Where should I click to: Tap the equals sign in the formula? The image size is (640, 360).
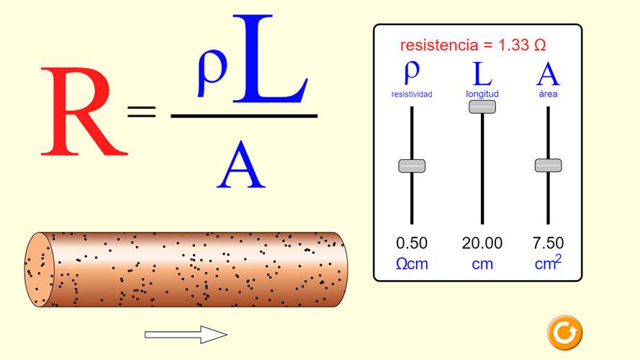coord(142,112)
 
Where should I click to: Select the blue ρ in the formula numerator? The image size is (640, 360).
coord(212,73)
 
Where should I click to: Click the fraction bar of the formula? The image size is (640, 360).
coord(244,117)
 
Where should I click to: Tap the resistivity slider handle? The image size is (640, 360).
coord(412,166)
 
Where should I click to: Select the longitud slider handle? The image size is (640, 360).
coord(482,107)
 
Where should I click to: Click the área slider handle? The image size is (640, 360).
coord(548,166)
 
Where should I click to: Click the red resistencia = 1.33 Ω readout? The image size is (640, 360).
coord(473,45)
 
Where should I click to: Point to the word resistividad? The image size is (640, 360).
coord(412,94)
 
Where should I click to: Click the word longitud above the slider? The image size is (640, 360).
coord(482,94)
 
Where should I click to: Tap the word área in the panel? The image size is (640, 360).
coord(548,94)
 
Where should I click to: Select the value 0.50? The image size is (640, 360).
coord(412,243)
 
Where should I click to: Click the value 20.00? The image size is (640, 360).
coord(482,243)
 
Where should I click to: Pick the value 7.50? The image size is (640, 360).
coord(548,243)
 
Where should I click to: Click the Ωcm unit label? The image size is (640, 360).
coord(412,264)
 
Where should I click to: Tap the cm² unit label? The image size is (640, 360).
coord(548,263)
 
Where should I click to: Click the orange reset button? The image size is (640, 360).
coord(565,333)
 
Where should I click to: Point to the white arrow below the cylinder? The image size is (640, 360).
coord(186,335)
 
